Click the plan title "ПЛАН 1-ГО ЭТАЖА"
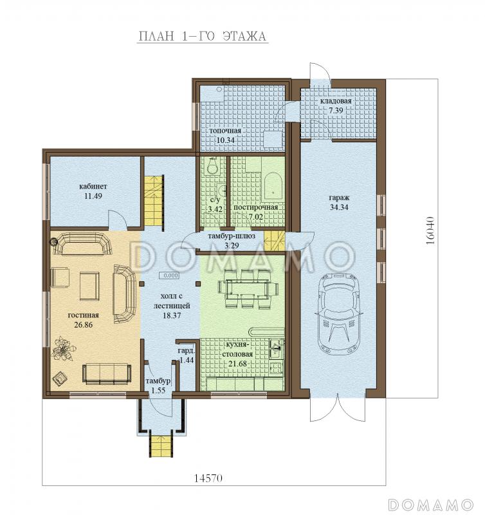point(202,36)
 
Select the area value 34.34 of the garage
point(338,207)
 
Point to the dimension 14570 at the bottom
point(208,478)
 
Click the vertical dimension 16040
point(430,230)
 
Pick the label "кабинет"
point(93,186)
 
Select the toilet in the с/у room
point(212,166)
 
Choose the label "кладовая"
point(336,101)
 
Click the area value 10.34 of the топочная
point(225,140)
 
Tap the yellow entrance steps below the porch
point(161,445)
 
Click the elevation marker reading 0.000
point(169,276)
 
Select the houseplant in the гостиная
point(63,349)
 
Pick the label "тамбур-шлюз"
point(232,236)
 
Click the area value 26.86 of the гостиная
point(84,325)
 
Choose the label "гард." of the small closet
point(186,350)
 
